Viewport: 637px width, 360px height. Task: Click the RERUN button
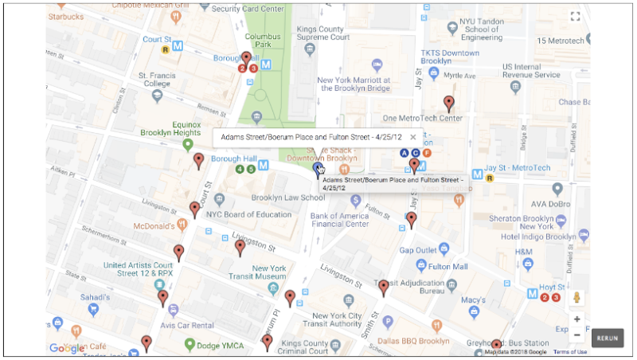tap(607, 338)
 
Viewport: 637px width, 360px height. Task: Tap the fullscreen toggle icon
tap(575, 16)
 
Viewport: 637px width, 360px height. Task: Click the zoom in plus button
tap(577, 319)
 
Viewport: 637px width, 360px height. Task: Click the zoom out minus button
tap(577, 335)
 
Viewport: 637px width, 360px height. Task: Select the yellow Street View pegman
tap(577, 298)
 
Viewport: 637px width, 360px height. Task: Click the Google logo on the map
tap(66, 348)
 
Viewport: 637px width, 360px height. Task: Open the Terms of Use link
tap(570, 351)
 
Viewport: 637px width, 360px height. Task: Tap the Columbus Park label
tap(262, 41)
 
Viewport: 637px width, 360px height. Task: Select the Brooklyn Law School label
tap(287, 198)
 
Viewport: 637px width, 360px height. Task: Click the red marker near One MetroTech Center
tap(449, 104)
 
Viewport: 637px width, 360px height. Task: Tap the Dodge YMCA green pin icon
tap(190, 345)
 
